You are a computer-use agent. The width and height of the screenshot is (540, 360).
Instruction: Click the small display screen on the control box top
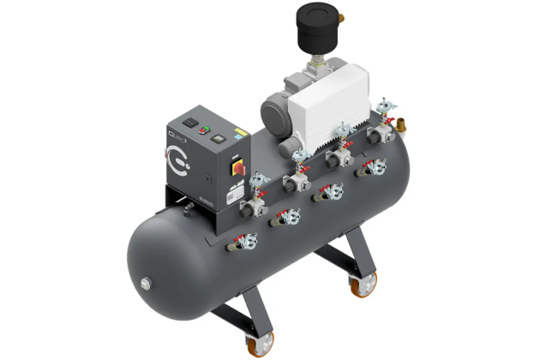click(219, 135)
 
